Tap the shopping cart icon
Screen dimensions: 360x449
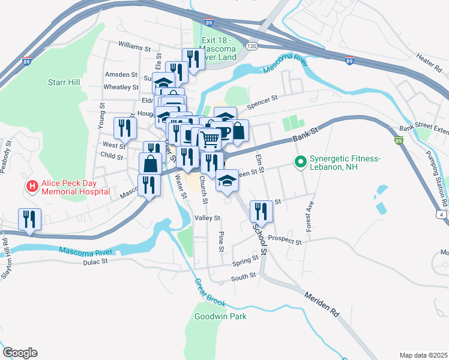point(209,139)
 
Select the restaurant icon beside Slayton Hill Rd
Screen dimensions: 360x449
point(29,219)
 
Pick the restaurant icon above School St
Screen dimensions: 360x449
point(260,211)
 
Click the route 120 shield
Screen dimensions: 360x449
point(252,46)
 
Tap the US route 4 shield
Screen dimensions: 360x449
point(443,214)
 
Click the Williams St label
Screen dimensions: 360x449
point(134,46)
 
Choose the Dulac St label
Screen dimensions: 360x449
point(95,262)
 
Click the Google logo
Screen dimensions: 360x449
point(20,353)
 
